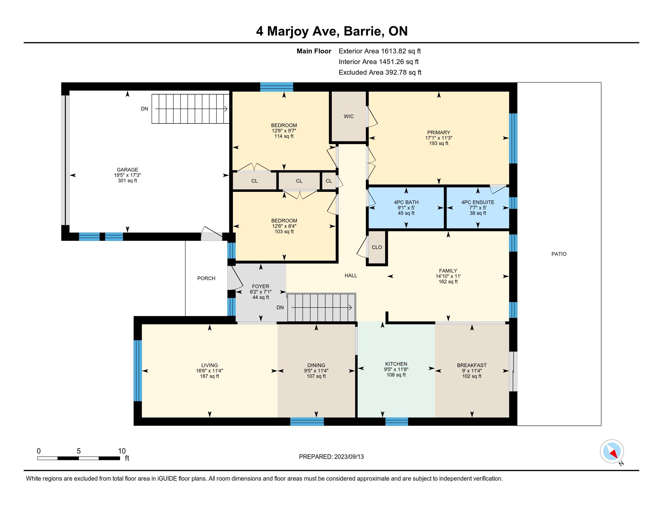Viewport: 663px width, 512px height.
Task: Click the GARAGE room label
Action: (x=127, y=170)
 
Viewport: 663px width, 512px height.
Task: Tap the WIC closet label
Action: (x=349, y=117)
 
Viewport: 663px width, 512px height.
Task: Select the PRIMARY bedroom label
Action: (x=439, y=133)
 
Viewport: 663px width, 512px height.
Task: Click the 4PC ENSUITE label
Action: (x=478, y=202)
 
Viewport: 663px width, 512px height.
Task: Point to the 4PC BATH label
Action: (x=406, y=202)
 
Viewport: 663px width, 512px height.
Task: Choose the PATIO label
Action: (x=559, y=254)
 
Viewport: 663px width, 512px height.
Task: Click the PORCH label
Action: (x=206, y=279)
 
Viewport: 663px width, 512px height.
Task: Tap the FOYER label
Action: (x=260, y=286)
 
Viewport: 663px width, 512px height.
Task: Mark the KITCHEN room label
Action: (x=396, y=364)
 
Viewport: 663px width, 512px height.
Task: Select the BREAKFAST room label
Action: (x=472, y=366)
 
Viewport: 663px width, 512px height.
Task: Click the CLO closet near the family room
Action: (x=377, y=247)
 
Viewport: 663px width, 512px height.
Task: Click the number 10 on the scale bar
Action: (x=122, y=451)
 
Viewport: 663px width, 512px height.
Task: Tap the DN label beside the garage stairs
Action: (x=144, y=109)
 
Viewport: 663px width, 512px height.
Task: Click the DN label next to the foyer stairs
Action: (x=280, y=308)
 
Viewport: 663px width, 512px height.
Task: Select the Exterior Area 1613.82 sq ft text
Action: (x=380, y=51)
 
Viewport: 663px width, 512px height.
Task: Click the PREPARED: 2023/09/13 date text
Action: (x=331, y=457)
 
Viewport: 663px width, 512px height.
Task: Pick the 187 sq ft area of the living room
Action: (x=209, y=376)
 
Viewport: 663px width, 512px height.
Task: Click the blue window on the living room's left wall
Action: (x=138, y=371)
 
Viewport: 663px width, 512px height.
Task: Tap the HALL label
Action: (x=350, y=276)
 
